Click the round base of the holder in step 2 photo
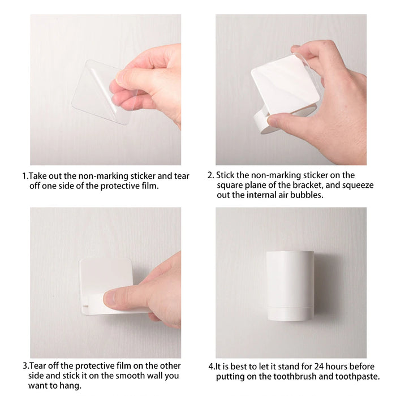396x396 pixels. tap(262, 120)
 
